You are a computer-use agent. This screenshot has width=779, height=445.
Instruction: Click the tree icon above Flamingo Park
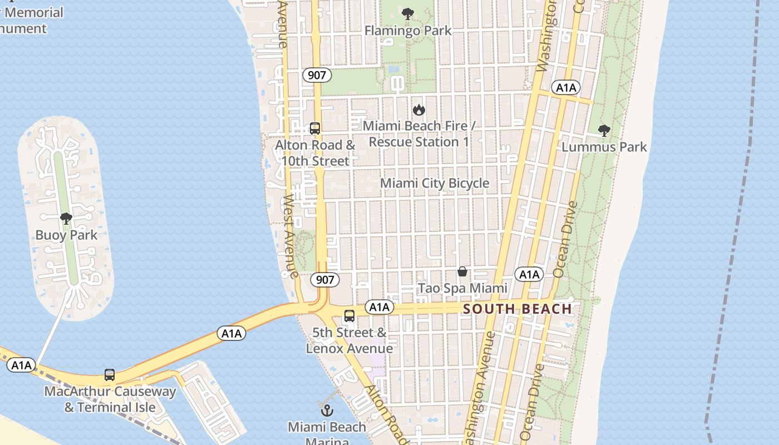408,14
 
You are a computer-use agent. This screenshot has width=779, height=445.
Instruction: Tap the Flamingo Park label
408,31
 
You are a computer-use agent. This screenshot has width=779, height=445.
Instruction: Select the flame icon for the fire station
419,110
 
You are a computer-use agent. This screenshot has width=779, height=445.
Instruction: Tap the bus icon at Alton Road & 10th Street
315,128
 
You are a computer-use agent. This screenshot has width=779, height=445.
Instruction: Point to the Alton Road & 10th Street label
315,153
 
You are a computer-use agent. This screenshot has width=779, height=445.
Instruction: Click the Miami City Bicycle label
435,183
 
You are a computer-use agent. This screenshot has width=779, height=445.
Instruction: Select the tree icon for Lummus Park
604,131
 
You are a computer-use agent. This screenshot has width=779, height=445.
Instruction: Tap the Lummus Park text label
604,147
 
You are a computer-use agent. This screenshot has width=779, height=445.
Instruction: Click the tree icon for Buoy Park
66,218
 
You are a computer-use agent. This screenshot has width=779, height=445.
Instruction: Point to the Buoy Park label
66,235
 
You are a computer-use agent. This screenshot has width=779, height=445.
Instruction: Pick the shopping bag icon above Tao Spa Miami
462,271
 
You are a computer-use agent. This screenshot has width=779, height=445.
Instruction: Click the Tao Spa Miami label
462,288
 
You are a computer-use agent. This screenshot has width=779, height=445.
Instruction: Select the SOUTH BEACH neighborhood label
517,309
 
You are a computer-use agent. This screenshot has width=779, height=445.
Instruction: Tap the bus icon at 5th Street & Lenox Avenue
349,316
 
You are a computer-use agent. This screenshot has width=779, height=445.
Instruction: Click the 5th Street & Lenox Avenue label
349,340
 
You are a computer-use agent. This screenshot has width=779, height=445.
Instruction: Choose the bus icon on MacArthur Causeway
110,375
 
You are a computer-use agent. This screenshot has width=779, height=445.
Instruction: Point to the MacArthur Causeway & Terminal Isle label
110,399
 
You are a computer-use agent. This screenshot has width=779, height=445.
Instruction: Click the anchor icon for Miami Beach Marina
327,411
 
